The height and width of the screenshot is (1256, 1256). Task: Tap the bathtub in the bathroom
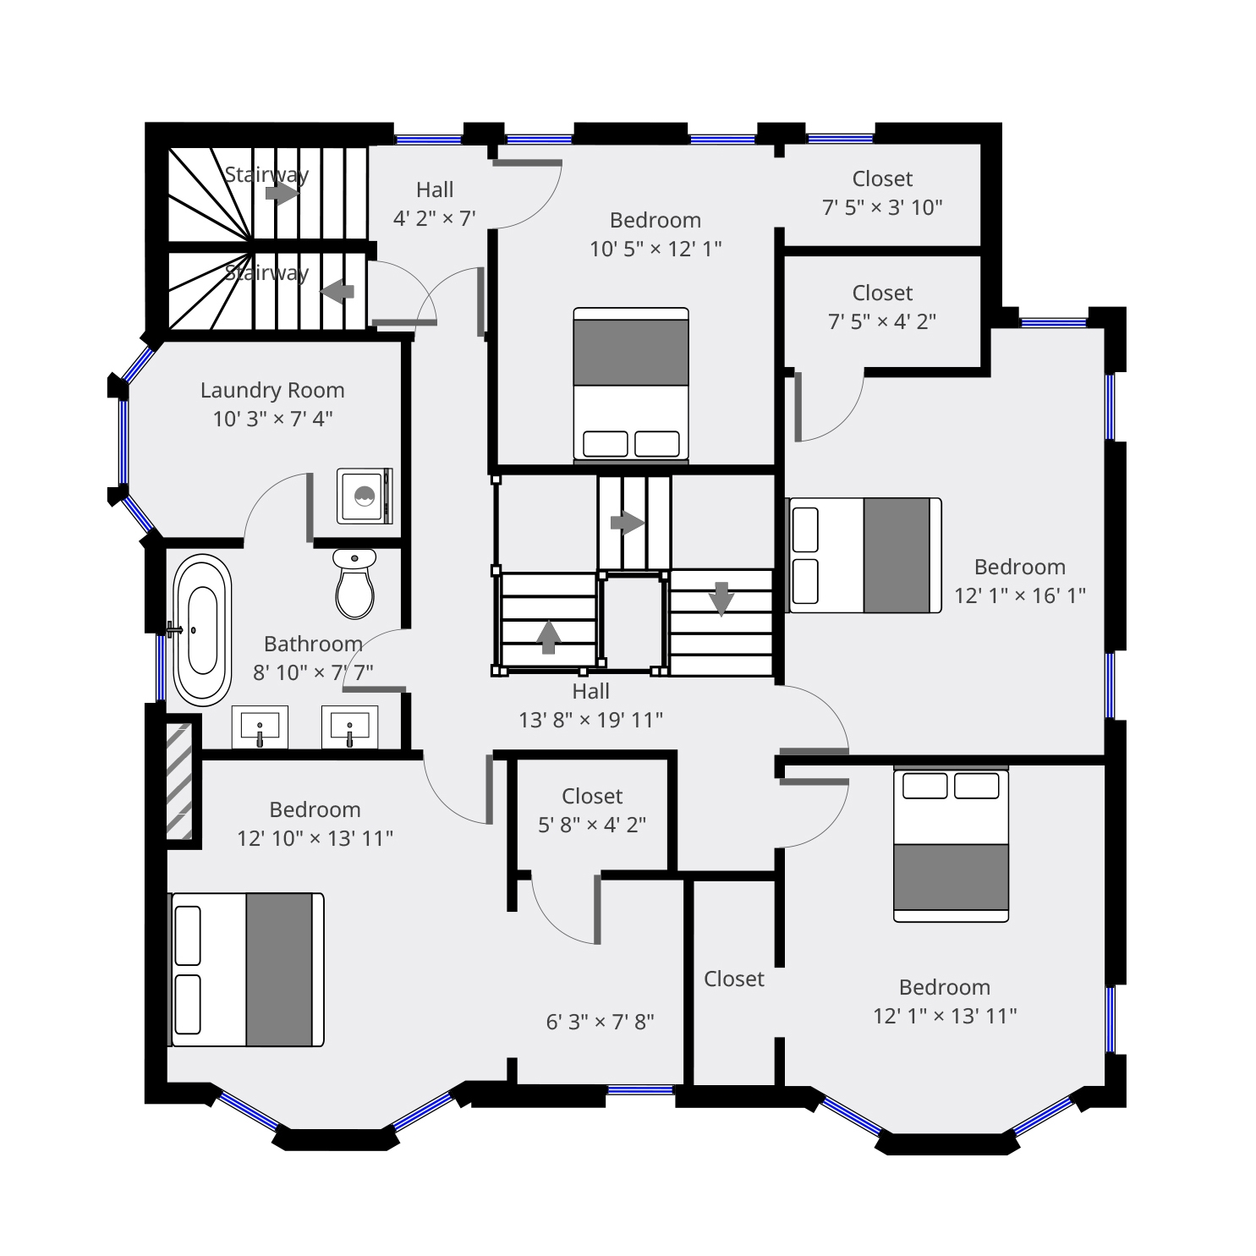pyautogui.click(x=202, y=630)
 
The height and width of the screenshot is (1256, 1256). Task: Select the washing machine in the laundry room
pyautogui.click(x=365, y=496)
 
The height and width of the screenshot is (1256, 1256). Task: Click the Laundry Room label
pyautogui.click(x=272, y=390)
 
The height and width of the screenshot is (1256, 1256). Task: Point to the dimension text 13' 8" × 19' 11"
pyautogui.click(x=590, y=720)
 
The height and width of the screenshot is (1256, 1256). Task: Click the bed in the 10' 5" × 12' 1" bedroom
pyautogui.click(x=631, y=385)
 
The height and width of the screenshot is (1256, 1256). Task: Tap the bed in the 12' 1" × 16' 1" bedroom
pyautogui.click(x=864, y=555)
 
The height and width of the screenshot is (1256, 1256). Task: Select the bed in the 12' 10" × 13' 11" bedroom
pyautogui.click(x=247, y=969)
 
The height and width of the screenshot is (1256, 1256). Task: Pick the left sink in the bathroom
pyautogui.click(x=260, y=727)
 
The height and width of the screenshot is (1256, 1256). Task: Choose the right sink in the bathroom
pyautogui.click(x=349, y=727)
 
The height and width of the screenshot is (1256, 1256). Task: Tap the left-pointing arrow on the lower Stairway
pyautogui.click(x=337, y=291)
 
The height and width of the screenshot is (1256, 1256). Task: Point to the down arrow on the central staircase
pyautogui.click(x=721, y=598)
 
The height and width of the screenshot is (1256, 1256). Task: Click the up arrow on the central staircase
pyautogui.click(x=548, y=637)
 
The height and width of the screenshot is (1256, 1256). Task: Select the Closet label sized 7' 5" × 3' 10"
pyautogui.click(x=882, y=178)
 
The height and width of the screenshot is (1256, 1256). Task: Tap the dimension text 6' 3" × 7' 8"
pyautogui.click(x=600, y=1022)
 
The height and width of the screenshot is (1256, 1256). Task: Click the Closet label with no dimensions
pyautogui.click(x=733, y=979)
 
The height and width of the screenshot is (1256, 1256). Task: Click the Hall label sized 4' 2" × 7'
pyautogui.click(x=435, y=189)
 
